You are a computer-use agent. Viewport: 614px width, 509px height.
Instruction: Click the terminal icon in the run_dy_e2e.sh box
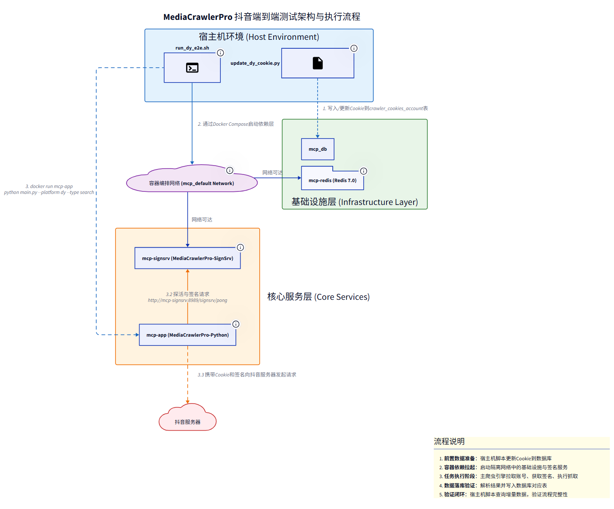tap(192, 68)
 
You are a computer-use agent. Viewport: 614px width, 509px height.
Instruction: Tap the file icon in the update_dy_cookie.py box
tap(318, 63)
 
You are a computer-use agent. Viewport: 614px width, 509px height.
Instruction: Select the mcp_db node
tap(318, 149)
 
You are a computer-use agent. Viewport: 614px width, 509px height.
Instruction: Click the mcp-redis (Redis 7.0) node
tap(332, 180)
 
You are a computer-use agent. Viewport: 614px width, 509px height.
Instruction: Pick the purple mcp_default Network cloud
tap(192, 183)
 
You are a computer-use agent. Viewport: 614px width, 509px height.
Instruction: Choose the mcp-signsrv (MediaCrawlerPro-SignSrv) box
tap(187, 258)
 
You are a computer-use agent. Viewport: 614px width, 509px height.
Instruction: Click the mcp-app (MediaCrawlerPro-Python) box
tap(187, 335)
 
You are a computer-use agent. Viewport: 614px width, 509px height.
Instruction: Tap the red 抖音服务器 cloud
tap(187, 422)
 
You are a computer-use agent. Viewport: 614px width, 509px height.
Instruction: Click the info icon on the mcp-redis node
tap(364, 171)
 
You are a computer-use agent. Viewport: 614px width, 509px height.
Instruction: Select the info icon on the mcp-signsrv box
tap(240, 247)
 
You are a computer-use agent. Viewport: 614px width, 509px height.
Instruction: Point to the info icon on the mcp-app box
tap(236, 324)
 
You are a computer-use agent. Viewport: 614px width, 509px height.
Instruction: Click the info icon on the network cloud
tap(230, 170)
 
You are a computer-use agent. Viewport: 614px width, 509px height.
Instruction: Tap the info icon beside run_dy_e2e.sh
tap(220, 53)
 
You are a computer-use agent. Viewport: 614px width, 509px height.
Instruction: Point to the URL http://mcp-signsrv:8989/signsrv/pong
tap(187, 300)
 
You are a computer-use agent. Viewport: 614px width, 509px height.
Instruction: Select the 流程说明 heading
tap(449, 441)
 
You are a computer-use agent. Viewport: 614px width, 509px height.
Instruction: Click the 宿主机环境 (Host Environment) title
tap(259, 37)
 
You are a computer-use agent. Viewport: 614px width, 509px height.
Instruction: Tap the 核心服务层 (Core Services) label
tap(318, 297)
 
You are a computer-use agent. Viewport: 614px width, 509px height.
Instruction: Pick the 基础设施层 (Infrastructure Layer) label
tap(354, 202)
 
